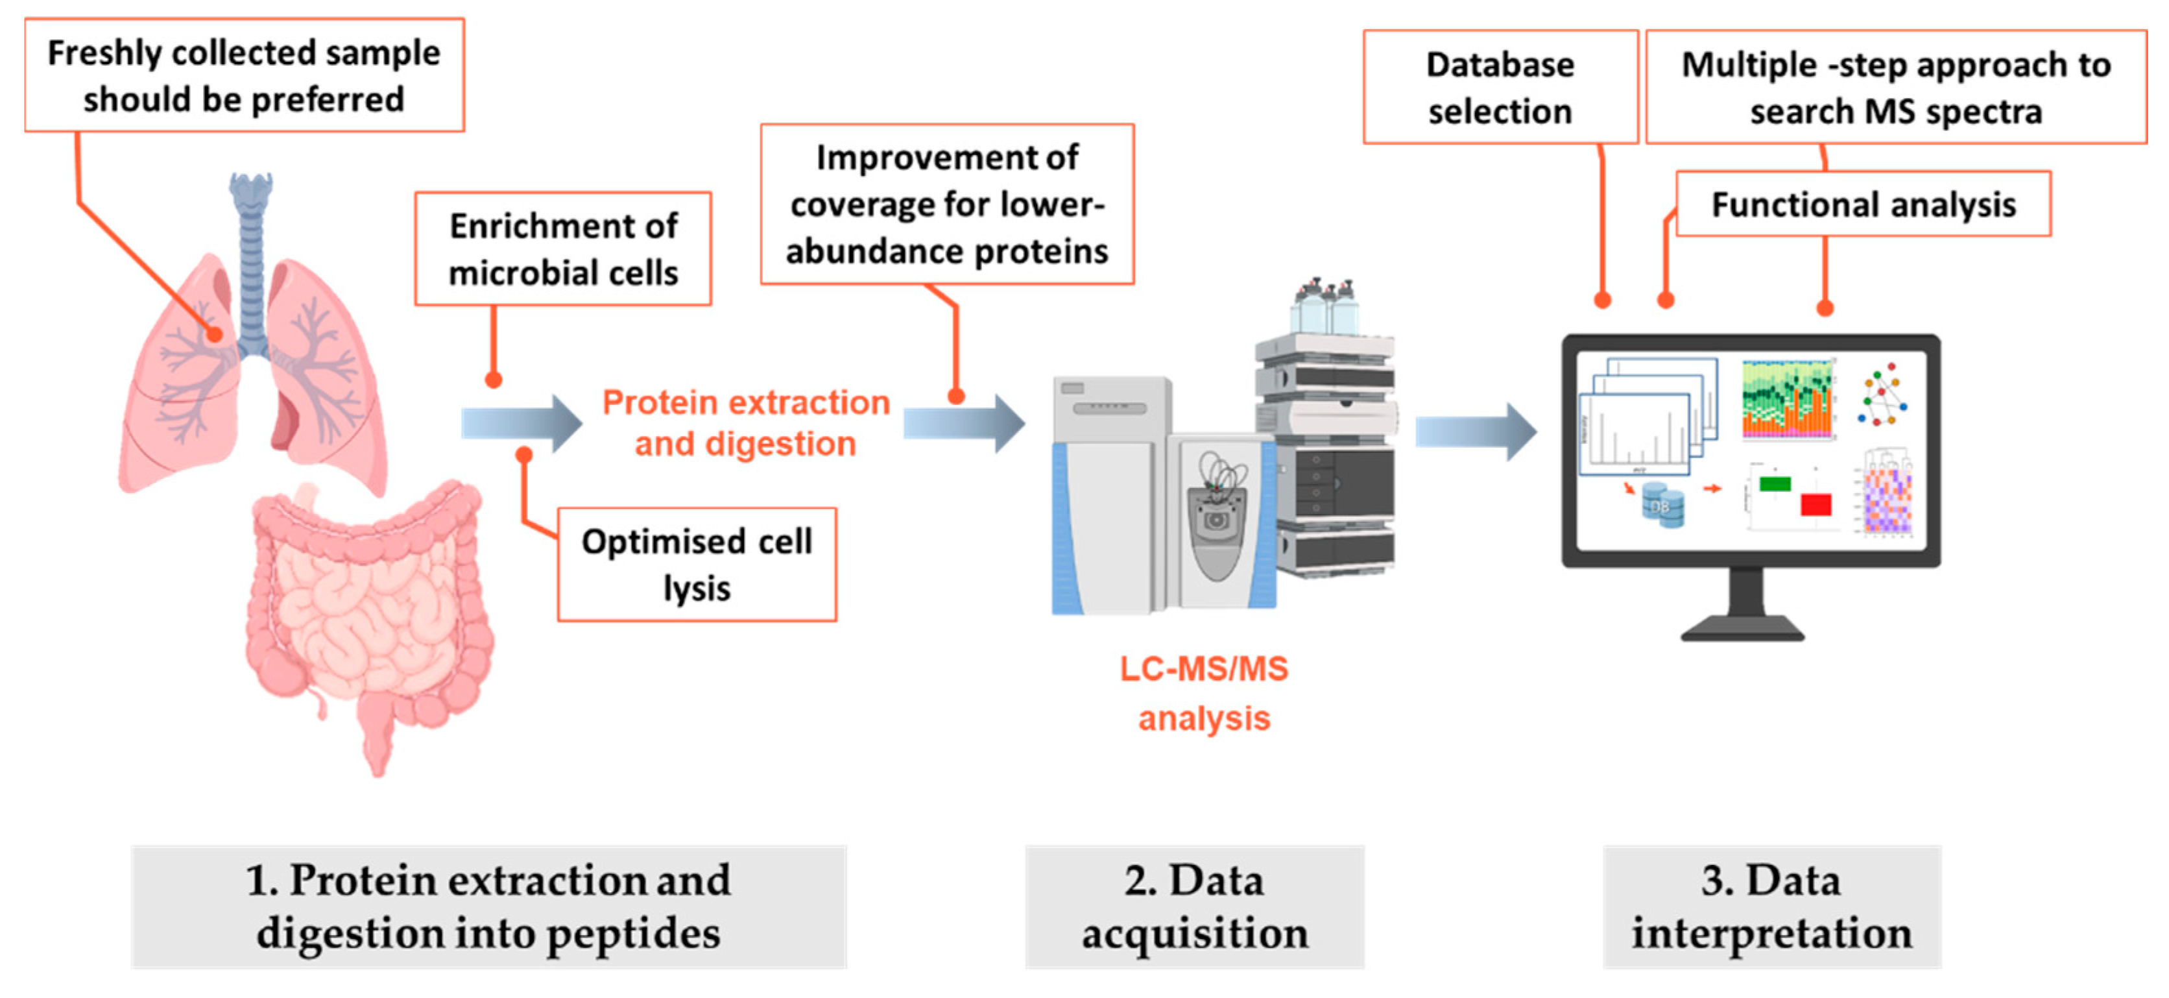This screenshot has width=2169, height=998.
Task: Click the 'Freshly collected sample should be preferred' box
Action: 244,76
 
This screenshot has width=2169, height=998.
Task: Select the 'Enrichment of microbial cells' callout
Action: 562,249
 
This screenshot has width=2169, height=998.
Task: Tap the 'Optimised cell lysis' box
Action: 697,565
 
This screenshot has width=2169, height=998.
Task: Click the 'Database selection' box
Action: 1500,88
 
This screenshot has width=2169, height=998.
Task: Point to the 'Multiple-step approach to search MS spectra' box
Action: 1895,88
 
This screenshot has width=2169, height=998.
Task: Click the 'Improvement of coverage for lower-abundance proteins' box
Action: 946,204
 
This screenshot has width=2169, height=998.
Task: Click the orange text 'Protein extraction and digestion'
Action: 745,423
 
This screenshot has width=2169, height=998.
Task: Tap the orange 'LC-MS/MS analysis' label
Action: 1203,692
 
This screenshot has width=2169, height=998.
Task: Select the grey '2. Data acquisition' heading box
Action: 1194,907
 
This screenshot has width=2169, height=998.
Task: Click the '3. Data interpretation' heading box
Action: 1771,907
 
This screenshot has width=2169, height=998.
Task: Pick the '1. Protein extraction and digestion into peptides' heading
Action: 488,907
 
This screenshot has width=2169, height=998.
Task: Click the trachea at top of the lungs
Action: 252,252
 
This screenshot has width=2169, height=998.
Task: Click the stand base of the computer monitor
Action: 1742,627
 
